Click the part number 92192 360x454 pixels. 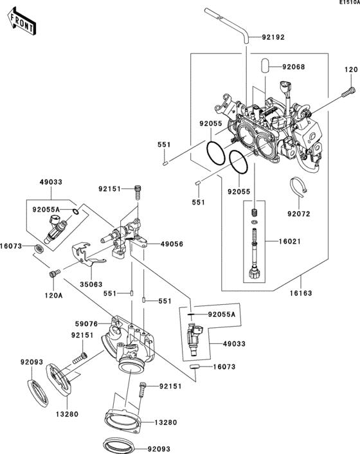pyautogui.click(x=273, y=37)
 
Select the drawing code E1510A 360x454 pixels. pyautogui.click(x=348, y=4)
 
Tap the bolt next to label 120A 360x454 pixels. pyautogui.click(x=53, y=275)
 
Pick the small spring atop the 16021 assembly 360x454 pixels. pyautogui.click(x=254, y=212)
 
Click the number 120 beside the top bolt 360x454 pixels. pyautogui.click(x=349, y=69)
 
